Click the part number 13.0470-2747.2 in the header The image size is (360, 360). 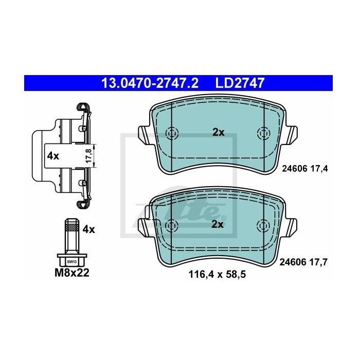pos(150,83)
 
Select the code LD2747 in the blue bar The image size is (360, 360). pos(240,83)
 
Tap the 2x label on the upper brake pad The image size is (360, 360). pos(219,133)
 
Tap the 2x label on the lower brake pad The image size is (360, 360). pos(217,224)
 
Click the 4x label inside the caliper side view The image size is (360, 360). pos(53,156)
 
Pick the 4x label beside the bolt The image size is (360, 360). pos(88,229)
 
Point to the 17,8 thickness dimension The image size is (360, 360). pos(88,156)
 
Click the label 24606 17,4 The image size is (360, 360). pos(305,169)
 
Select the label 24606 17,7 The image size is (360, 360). pos(303,262)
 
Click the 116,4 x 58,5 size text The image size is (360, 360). pos(217,274)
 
